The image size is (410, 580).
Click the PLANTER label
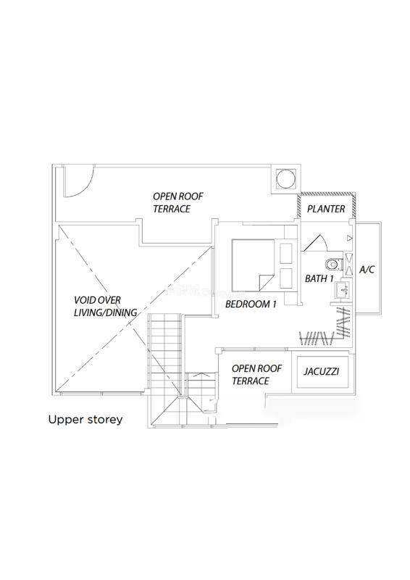pyautogui.click(x=326, y=209)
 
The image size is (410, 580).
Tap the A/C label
pyautogui.click(x=367, y=270)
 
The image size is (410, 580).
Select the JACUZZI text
pyautogui.click(x=322, y=371)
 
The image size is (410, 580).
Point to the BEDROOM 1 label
pyautogui.click(x=251, y=304)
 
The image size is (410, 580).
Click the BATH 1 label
pyautogui.click(x=319, y=278)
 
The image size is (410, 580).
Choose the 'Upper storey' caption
pyautogui.click(x=85, y=420)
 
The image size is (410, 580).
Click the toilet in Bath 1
pyautogui.click(x=334, y=264)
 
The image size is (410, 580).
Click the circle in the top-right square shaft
pyautogui.click(x=285, y=178)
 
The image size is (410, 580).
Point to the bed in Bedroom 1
pyautogui.click(x=254, y=265)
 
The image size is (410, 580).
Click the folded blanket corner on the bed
pyautogui.click(x=266, y=283)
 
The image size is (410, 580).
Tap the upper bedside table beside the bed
pyautogui.click(x=286, y=253)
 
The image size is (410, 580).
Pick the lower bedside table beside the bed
pyautogui.click(x=286, y=278)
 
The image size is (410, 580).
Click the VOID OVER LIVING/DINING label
pyautogui.click(x=106, y=306)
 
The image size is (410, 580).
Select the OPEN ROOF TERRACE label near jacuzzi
pyautogui.click(x=256, y=375)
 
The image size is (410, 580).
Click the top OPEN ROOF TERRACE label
pyautogui.click(x=178, y=202)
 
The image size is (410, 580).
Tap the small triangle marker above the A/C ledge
pyautogui.click(x=350, y=239)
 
